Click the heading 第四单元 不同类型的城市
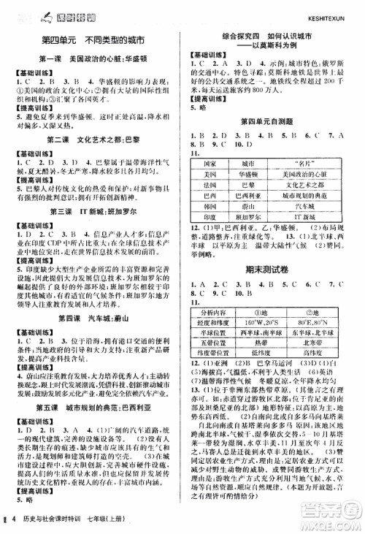click(x=93, y=39)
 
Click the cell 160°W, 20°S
click(x=258, y=321)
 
